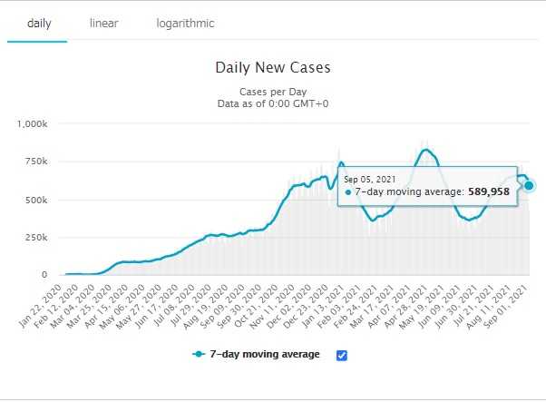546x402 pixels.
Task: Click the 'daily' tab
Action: [x=38, y=23]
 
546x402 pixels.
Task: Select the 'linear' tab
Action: [x=103, y=23]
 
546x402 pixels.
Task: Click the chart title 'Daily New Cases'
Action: [x=273, y=67]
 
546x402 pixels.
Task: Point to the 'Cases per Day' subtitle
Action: [x=273, y=93]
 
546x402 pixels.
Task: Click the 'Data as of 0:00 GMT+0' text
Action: [x=273, y=105]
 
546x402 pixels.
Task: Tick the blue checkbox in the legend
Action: [x=342, y=355]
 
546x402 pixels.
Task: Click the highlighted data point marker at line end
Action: [x=529, y=185]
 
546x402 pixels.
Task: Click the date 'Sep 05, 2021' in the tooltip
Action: [x=370, y=180]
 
